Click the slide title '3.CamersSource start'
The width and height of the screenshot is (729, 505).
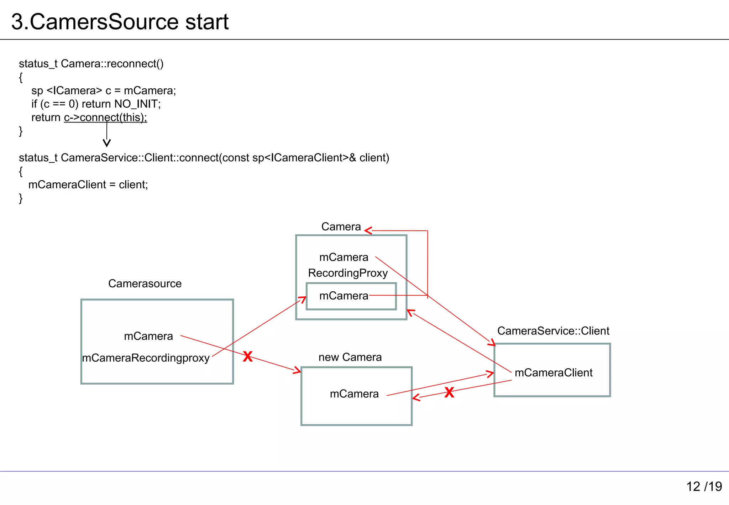click(120, 22)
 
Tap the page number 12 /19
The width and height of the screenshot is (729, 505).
click(704, 486)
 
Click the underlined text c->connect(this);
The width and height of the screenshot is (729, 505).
click(105, 118)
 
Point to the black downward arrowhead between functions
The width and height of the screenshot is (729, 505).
click(106, 143)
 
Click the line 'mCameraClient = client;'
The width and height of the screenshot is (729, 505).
click(88, 184)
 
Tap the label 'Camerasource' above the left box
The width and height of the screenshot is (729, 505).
click(145, 283)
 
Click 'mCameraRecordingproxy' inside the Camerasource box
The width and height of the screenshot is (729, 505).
click(146, 358)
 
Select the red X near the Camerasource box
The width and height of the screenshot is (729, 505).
click(248, 356)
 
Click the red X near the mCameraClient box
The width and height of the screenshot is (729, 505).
click(449, 392)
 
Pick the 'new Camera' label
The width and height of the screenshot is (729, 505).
click(350, 357)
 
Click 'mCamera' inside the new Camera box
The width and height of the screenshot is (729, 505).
click(354, 394)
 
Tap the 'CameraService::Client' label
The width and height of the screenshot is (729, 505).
click(553, 331)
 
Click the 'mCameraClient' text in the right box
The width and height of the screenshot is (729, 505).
click(553, 373)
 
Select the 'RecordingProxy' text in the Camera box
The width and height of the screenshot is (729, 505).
click(348, 273)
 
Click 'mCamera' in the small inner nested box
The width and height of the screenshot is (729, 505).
click(343, 296)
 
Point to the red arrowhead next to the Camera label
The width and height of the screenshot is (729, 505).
click(368, 231)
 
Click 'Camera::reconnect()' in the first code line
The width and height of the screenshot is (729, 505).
click(112, 64)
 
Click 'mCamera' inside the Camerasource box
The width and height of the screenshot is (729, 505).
click(148, 336)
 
